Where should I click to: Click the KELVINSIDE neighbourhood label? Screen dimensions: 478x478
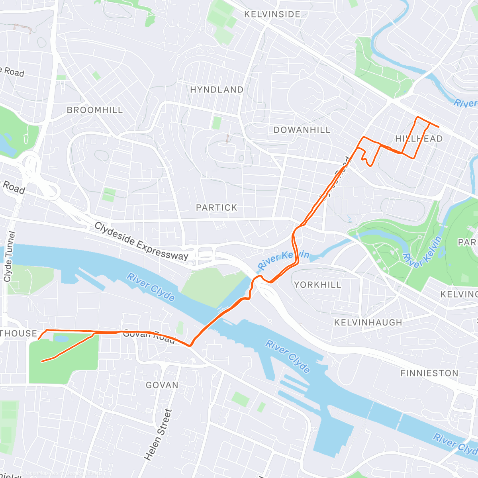[x=272, y=14]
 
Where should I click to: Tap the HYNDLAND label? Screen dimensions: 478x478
[x=217, y=90]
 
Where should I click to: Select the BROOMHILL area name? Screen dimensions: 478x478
[x=95, y=110]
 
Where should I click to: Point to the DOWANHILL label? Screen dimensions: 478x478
[x=302, y=130]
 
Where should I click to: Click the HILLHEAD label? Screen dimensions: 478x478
[x=419, y=139]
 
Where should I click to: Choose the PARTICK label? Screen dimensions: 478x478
[x=217, y=208]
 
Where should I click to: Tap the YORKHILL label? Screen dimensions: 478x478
[x=317, y=285]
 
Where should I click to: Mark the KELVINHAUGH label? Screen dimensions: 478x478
[x=368, y=322]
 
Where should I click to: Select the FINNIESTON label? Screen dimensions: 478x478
[x=429, y=373]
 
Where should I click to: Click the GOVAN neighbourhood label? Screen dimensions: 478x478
[x=162, y=385]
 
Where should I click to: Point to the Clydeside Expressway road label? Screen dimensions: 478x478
[x=141, y=242]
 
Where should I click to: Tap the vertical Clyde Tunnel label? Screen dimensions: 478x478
[x=9, y=257]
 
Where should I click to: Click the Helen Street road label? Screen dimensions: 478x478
[x=159, y=435]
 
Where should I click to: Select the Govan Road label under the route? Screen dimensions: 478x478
[x=149, y=337]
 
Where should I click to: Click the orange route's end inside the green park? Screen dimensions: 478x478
[x=42, y=361]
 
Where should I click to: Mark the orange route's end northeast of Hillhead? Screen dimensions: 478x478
[x=439, y=127]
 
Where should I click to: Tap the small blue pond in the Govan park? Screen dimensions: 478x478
[x=61, y=339]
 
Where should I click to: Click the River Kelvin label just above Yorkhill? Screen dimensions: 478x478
[x=283, y=260]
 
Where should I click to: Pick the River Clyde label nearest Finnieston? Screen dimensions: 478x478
[x=288, y=357]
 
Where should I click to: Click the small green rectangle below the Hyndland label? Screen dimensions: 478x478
[x=217, y=123]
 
